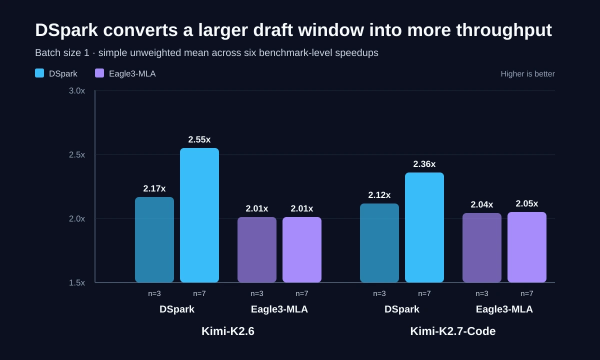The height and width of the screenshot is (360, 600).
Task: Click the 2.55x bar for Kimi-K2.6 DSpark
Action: (x=199, y=215)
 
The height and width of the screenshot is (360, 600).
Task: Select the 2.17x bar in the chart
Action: (x=154, y=239)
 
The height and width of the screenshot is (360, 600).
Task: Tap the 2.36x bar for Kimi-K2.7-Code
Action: (x=424, y=227)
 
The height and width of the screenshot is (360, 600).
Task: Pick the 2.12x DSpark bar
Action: (x=379, y=243)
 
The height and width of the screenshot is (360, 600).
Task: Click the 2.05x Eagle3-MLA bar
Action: (x=527, y=247)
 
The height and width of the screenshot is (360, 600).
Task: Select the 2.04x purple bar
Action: (x=482, y=248)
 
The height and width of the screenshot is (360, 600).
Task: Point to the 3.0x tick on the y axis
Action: (x=77, y=91)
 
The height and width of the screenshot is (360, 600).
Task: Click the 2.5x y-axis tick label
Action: (x=77, y=154)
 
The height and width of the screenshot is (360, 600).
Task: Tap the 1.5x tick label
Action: (x=77, y=282)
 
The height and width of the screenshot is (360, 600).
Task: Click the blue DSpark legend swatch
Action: (x=39, y=73)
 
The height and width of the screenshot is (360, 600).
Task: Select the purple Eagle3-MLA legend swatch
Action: (x=99, y=73)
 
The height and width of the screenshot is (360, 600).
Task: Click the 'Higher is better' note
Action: (x=527, y=74)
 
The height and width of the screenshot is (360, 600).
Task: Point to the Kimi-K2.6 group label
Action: (x=228, y=331)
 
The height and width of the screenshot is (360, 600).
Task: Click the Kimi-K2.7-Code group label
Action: (x=453, y=331)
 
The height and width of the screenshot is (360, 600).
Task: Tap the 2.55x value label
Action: (x=199, y=139)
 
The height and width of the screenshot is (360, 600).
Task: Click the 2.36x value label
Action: (x=424, y=164)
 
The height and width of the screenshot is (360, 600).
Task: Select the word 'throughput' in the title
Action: (x=504, y=30)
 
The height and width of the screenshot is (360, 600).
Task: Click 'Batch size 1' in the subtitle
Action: (x=62, y=53)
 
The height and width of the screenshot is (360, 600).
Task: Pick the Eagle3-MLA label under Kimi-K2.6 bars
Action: (x=279, y=309)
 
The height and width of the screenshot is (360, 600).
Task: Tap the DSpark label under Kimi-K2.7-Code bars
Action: (x=402, y=309)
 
